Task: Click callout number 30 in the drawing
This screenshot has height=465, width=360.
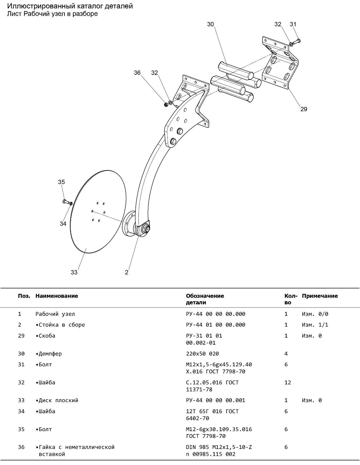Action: coord(210,24)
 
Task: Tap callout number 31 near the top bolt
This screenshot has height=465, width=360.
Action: coord(293,24)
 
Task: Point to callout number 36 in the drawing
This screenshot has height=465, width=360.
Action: coord(137,73)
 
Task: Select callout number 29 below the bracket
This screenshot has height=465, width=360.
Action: coord(304,109)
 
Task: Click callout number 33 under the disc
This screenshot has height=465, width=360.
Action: coord(74,272)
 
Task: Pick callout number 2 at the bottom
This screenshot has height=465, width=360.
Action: coord(127,272)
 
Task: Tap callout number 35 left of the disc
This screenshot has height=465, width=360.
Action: coord(61,182)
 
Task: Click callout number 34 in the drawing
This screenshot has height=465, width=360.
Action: coord(63,224)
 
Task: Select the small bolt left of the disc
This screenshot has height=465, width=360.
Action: coord(65,201)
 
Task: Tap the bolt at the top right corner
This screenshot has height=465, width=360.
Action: coord(297,41)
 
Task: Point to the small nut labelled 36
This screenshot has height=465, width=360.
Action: coord(166,104)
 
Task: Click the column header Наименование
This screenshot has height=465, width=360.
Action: coord(57,296)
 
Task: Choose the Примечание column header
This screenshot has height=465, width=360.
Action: coord(320,296)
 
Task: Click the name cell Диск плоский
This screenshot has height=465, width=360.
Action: coord(58,400)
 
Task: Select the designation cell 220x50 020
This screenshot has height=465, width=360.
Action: coord(202,354)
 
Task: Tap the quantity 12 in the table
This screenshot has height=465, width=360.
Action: coord(288,382)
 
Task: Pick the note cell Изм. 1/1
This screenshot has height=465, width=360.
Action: coord(315,325)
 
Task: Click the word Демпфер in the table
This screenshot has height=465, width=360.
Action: coord(50,354)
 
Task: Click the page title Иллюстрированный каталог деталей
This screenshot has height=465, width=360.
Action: coord(70,6)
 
